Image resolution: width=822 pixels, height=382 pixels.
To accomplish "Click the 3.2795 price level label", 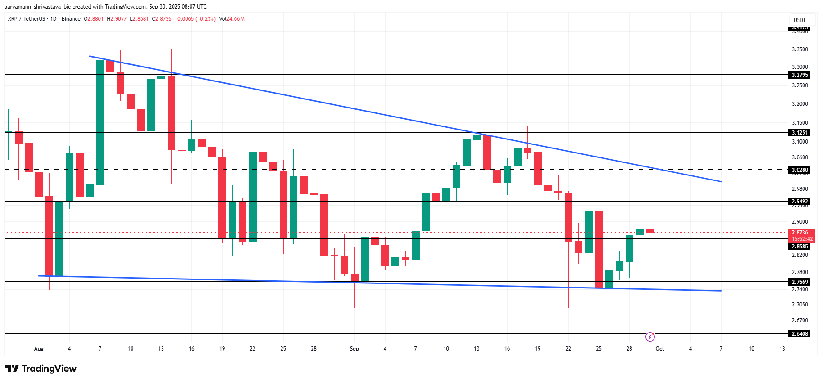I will pyautogui.click(x=800, y=75).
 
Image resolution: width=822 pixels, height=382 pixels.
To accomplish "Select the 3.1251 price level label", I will pyautogui.click(x=800, y=133).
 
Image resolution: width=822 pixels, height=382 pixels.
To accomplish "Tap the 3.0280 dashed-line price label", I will pyautogui.click(x=800, y=170).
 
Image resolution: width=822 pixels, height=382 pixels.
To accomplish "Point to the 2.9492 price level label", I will pyautogui.click(x=800, y=202).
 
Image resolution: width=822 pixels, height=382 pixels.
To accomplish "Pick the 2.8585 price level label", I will pyautogui.click(x=800, y=247).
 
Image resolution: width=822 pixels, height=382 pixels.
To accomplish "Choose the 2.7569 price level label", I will pyautogui.click(x=800, y=282).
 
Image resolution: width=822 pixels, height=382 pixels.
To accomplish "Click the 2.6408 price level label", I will pyautogui.click(x=800, y=334).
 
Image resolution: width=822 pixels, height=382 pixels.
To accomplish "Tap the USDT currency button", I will pyautogui.click(x=799, y=20).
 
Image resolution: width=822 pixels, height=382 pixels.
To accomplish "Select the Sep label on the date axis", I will pyautogui.click(x=354, y=349).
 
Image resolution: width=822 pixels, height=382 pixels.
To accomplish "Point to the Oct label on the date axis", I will pyautogui.click(x=660, y=349).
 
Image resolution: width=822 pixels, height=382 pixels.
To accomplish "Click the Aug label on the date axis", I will pyautogui.click(x=39, y=349).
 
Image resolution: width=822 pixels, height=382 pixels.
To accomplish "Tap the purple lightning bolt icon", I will pyautogui.click(x=650, y=337).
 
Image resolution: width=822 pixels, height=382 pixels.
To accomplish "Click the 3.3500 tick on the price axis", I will pyautogui.click(x=800, y=49).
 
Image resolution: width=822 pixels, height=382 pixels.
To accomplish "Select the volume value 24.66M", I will pyautogui.click(x=236, y=19).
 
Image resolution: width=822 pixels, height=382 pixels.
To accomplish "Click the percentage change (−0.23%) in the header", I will pyautogui.click(x=205, y=19).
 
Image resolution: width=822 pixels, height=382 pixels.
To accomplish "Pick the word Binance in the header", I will pyautogui.click(x=71, y=19).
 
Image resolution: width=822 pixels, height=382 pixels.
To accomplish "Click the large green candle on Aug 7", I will pyautogui.click(x=100, y=122).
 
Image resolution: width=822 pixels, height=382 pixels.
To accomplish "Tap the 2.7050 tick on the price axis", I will pyautogui.click(x=800, y=305).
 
